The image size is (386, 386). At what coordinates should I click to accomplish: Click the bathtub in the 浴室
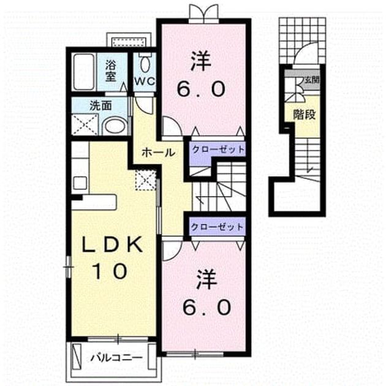(x=84, y=72)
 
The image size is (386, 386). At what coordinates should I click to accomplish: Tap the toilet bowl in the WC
(x=145, y=64)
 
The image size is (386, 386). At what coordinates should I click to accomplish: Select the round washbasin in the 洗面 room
(x=115, y=126)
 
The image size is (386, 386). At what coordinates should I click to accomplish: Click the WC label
(x=145, y=81)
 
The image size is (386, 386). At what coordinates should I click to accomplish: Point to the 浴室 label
(x=110, y=71)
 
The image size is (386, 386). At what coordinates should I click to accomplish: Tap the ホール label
(x=158, y=153)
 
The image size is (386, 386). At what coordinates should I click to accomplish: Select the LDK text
(x=112, y=244)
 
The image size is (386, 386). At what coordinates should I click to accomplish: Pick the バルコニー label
(x=116, y=358)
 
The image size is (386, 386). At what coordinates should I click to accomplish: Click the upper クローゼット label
(x=218, y=149)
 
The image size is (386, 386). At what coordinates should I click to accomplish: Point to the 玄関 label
(x=312, y=80)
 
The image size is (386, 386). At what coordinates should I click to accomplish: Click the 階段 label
(x=305, y=115)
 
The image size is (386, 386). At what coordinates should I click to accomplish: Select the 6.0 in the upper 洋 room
(x=202, y=89)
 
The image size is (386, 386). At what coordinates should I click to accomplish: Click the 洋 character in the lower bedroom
(x=206, y=279)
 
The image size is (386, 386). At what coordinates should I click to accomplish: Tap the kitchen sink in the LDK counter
(x=80, y=183)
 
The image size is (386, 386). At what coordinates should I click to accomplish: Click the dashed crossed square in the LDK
(x=146, y=181)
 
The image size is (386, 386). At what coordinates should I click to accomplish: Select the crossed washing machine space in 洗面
(x=85, y=124)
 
